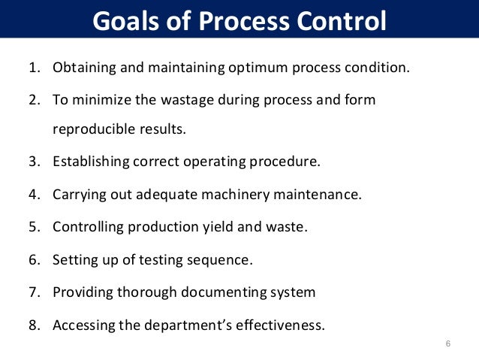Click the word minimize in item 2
[x=107, y=99]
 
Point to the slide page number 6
[x=447, y=344]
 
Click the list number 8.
[x=34, y=325]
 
